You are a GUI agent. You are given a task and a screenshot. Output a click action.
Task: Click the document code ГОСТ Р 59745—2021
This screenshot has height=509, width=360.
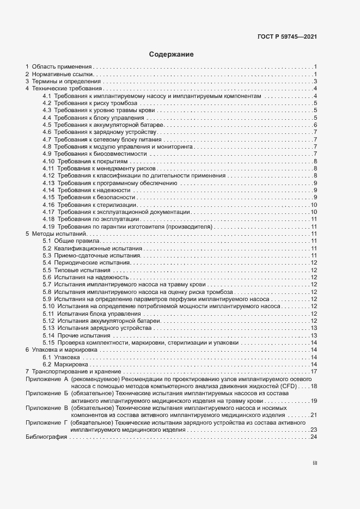pos(288,37)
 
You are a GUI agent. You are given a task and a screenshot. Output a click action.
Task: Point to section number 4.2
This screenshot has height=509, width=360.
pos(47,103)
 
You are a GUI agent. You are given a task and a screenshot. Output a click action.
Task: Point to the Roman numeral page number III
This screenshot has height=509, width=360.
pos(314,463)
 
